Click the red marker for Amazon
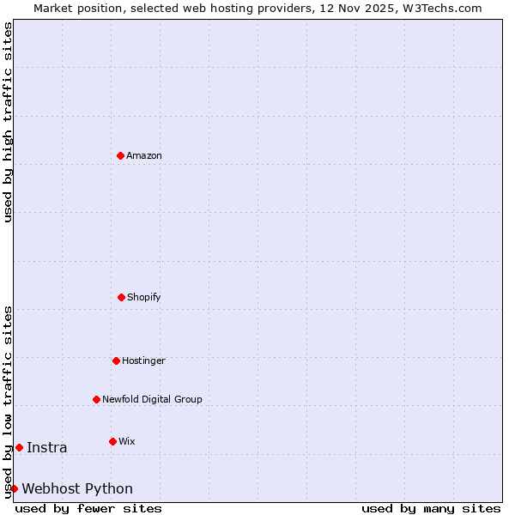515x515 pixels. pos(120,155)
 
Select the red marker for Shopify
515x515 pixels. pos(121,297)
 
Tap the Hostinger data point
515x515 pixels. pos(116,360)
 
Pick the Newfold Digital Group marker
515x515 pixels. pos(96,399)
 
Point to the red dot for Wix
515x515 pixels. pos(112,441)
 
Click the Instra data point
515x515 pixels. pos(19,447)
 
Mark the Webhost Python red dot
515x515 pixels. pos(14,488)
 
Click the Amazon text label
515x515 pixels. pos(144,155)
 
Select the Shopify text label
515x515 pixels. pos(144,297)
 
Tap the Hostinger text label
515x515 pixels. pos(143,360)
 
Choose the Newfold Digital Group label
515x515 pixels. pos(152,399)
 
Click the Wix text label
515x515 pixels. pos(127,441)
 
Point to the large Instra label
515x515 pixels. pos(47,447)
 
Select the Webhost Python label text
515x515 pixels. pos(77,488)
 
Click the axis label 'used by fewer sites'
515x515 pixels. pos(88,508)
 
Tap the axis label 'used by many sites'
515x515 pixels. pos(431,508)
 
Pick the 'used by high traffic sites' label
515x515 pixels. pos(8,122)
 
